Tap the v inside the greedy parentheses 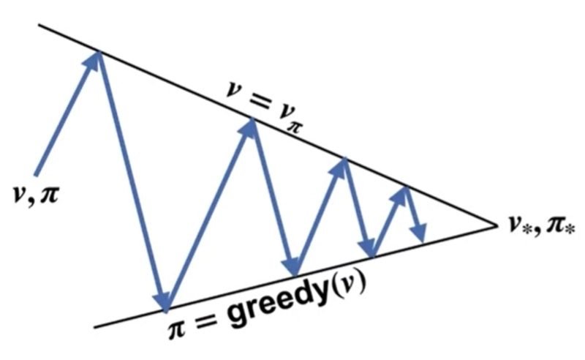(x=348, y=286)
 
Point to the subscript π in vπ (x=294, y=127)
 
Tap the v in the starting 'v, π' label (x=19, y=194)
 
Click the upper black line (x=268, y=125)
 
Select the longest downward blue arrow (x=133, y=181)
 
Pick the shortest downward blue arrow (x=414, y=214)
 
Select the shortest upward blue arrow (x=389, y=222)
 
